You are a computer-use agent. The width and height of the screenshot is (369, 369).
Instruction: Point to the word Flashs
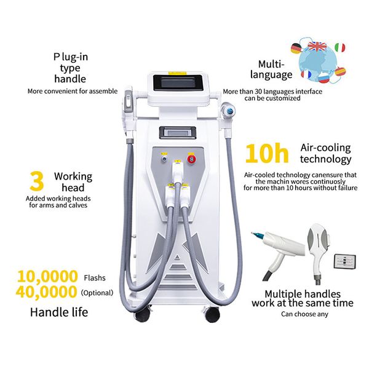[x=93, y=277]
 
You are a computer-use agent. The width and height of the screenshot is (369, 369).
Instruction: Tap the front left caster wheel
[x=143, y=314]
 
